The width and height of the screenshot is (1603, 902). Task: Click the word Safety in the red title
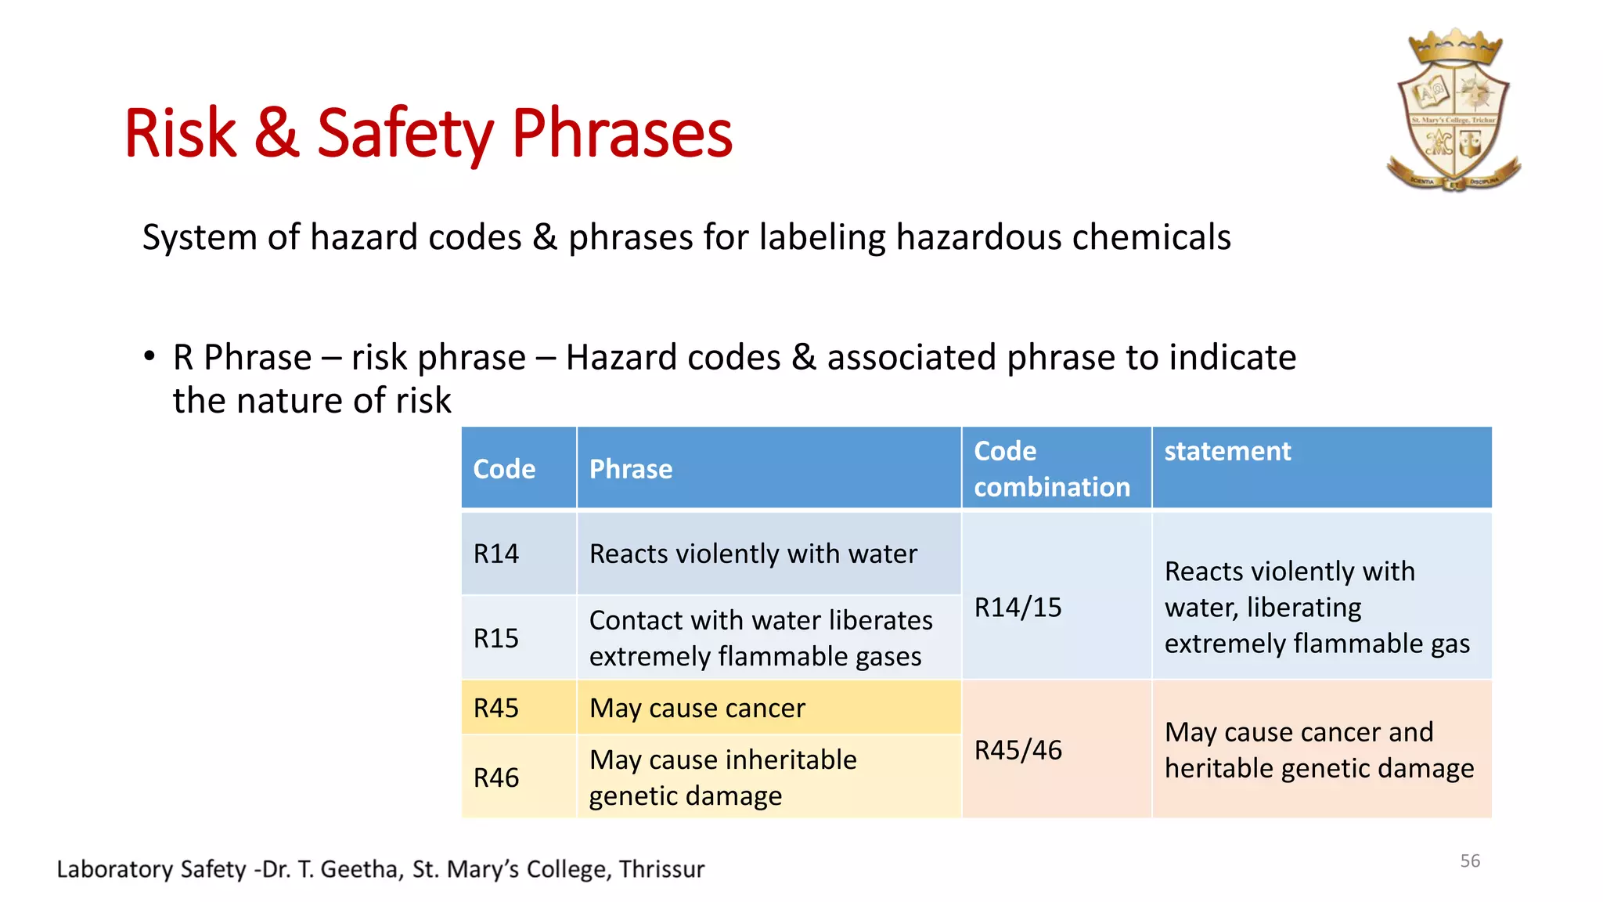coord(405,135)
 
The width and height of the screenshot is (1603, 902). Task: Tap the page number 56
coord(1470,861)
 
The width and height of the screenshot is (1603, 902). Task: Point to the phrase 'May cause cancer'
coord(697,709)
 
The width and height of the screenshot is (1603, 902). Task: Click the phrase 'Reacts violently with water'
coord(753,554)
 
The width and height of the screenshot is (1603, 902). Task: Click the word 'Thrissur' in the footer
coord(661,869)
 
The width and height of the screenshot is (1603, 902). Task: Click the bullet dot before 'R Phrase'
coord(149,356)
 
